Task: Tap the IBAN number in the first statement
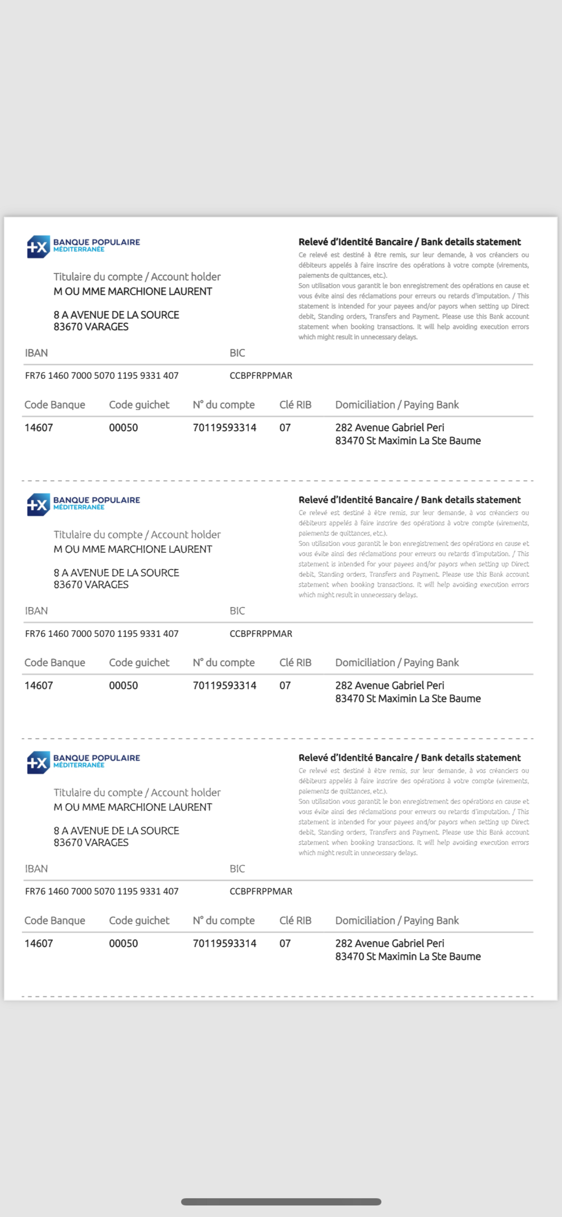click(101, 376)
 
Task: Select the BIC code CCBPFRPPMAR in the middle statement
click(261, 634)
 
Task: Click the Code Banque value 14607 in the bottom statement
click(39, 943)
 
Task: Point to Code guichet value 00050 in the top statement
click(123, 428)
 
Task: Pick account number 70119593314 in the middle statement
click(224, 686)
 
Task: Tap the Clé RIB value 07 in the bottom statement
click(285, 943)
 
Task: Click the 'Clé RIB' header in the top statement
click(295, 405)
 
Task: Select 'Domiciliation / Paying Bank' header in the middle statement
click(397, 663)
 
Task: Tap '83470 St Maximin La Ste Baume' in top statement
click(407, 441)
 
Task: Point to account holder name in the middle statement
click(133, 549)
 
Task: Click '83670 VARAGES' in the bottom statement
click(91, 842)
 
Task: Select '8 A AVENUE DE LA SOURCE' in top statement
click(116, 315)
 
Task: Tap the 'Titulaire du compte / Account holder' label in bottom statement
click(137, 792)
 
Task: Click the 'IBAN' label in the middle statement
click(36, 611)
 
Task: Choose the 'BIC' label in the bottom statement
click(237, 869)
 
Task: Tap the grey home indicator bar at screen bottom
click(281, 1202)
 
